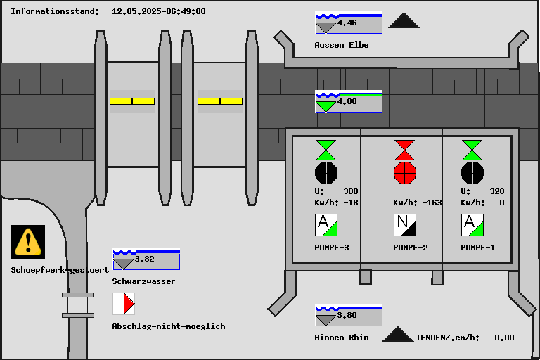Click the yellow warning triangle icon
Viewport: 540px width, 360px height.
[28, 241]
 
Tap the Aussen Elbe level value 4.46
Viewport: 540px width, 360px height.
[347, 23]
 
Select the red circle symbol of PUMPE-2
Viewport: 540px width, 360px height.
[404, 172]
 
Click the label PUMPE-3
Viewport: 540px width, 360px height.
[332, 247]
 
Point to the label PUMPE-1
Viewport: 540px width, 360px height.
[478, 247]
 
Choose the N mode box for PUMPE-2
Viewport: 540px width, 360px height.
[404, 225]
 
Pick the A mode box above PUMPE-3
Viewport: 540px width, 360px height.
[326, 225]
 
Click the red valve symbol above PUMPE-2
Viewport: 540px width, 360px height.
[404, 150]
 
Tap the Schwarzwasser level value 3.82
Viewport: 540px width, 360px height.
[144, 259]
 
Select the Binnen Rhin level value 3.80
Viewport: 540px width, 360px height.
[347, 316]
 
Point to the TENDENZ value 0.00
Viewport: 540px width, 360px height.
[504, 337]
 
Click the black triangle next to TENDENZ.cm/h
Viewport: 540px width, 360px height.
[398, 334]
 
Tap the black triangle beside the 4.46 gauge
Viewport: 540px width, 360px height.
[404, 21]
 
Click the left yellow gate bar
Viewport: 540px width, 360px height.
[132, 101]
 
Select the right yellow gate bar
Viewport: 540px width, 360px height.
[220, 101]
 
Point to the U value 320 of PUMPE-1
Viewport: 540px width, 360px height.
[496, 191]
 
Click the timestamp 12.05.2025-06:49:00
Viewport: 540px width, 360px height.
[159, 11]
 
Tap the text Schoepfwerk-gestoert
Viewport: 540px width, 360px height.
[60, 270]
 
